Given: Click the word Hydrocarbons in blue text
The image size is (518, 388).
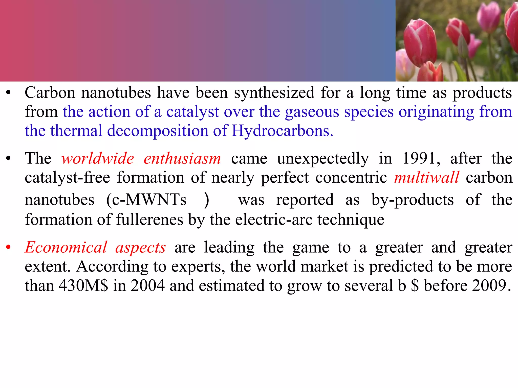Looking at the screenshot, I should (282, 131).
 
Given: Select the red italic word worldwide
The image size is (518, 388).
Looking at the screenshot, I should (98, 159).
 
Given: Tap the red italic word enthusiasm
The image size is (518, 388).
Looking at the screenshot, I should (182, 159).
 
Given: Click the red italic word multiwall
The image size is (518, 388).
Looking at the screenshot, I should (426, 178).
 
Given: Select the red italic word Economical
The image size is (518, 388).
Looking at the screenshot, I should (66, 247).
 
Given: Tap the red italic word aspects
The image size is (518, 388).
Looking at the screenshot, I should (141, 248).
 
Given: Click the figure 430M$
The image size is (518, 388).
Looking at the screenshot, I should (83, 286).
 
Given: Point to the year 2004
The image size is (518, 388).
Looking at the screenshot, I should (147, 286).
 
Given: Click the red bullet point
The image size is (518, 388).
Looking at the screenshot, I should (8, 247).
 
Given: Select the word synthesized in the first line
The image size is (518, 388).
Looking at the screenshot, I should (274, 93).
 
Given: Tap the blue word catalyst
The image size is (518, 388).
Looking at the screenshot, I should (192, 112).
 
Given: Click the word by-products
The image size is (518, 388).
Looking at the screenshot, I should (413, 200).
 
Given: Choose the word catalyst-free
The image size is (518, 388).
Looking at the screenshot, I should (67, 178).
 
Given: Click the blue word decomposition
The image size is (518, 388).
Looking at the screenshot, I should (157, 131).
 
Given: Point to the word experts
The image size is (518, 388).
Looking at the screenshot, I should (198, 267).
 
